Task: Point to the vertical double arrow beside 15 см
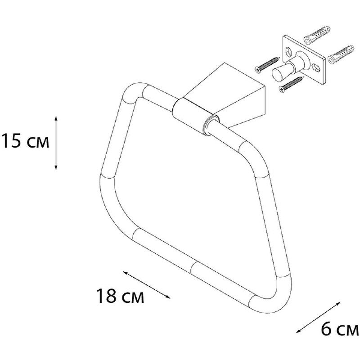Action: coord(56,142)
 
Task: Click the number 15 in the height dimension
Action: coord(10,142)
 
